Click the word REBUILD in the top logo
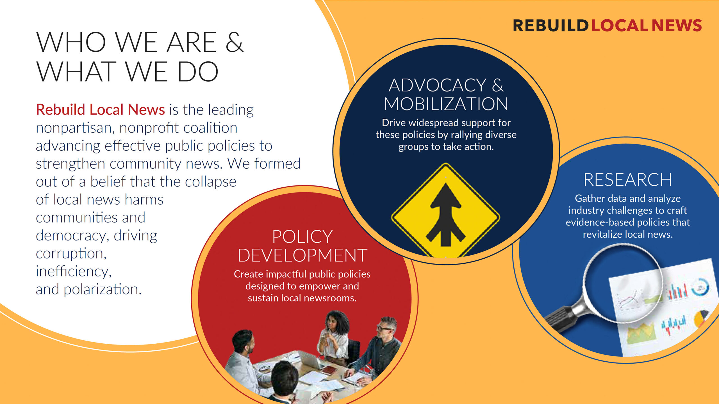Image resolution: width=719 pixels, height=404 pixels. coord(550,26)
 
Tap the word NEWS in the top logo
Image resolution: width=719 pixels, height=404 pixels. coord(677,26)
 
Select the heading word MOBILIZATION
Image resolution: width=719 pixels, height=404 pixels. coord(446,104)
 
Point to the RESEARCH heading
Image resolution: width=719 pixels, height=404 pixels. coord(628,180)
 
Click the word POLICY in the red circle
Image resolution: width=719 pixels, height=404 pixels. coord(302,237)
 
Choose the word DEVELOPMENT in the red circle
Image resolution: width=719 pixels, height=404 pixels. coord(302,255)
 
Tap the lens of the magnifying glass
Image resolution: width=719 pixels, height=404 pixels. coord(623,283)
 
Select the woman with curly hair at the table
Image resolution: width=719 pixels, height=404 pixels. coord(334,337)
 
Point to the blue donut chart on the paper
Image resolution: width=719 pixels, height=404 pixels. coord(700,287)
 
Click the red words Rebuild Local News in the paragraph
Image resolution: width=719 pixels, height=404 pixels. coord(100,109)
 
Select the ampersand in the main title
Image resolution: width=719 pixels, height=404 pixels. coord(234,42)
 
